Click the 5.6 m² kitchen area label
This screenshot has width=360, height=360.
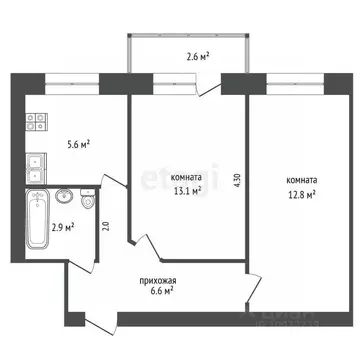[78, 144]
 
